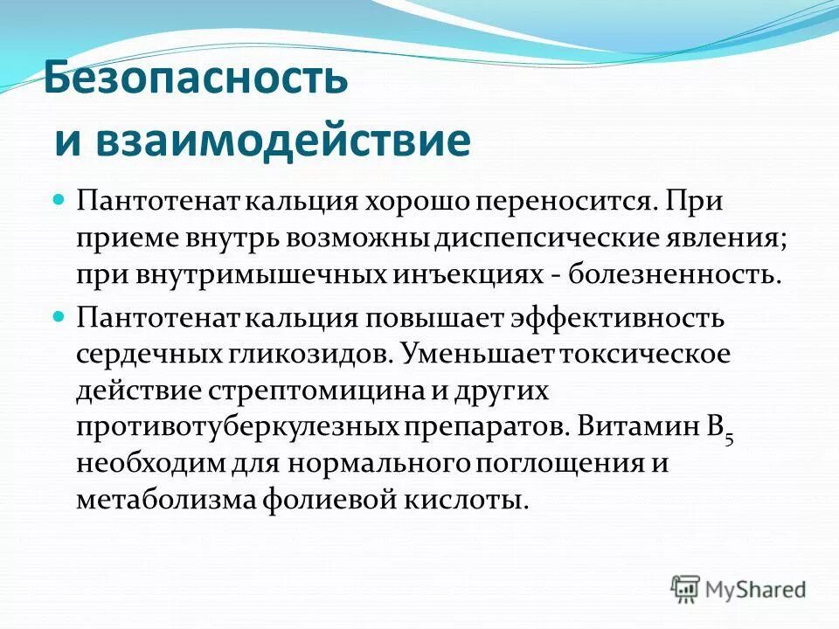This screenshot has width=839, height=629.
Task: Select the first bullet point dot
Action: click(59, 201)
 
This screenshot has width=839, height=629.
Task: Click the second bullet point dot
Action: click(59, 317)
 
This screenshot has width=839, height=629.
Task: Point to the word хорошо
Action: click(414, 202)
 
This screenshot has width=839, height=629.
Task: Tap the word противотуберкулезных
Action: click(238, 428)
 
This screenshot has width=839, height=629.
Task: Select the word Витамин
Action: click(635, 428)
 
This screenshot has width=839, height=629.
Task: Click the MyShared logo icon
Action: click(686, 588)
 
